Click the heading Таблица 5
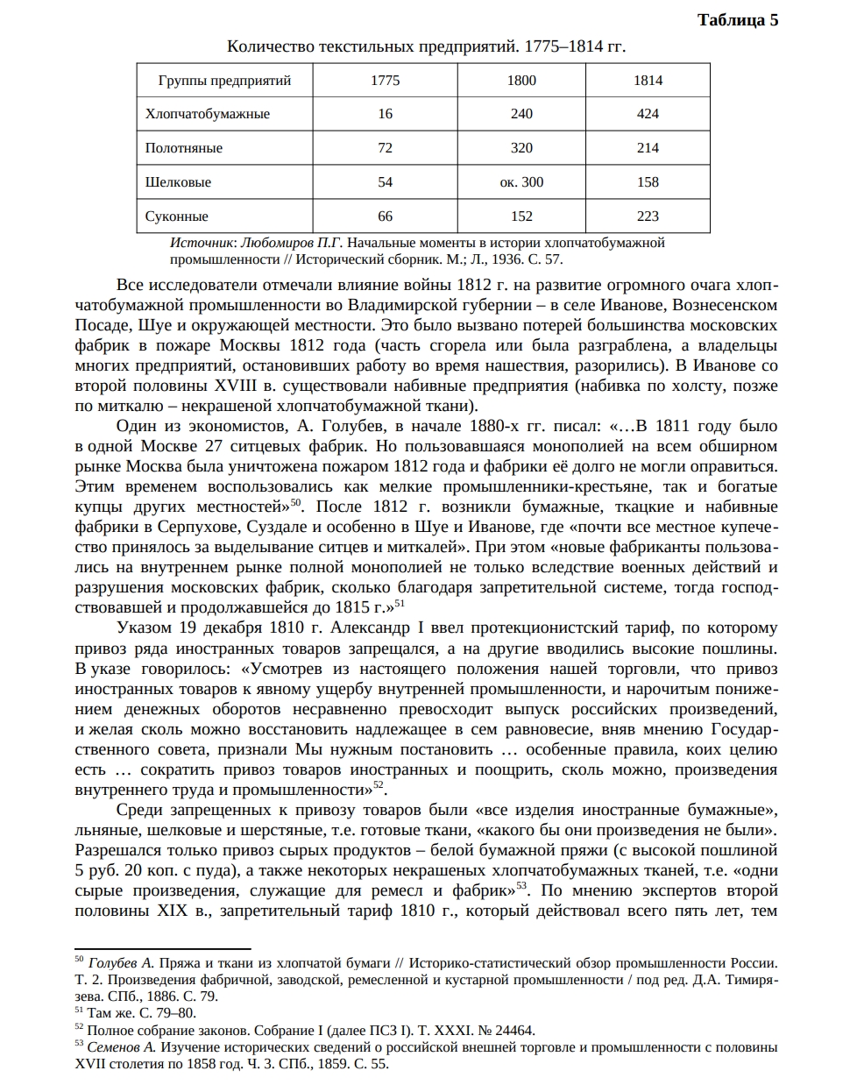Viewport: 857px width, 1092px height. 737,20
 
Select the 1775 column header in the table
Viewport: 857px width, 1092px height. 385,81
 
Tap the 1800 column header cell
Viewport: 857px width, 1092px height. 521,81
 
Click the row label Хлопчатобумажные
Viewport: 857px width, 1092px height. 207,114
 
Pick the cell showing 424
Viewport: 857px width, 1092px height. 648,114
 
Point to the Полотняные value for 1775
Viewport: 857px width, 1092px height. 385,148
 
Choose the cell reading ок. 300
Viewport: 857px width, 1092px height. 521,182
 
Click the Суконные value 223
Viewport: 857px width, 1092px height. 648,216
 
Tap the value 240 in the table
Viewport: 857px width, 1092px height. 521,114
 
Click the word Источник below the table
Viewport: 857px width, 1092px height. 201,243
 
